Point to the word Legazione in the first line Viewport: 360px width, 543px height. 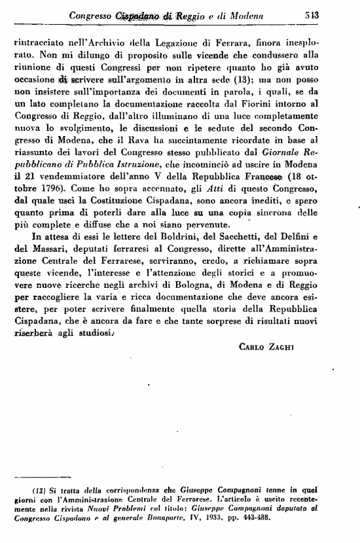pos(156,43)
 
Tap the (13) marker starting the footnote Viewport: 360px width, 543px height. pos(39,491)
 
